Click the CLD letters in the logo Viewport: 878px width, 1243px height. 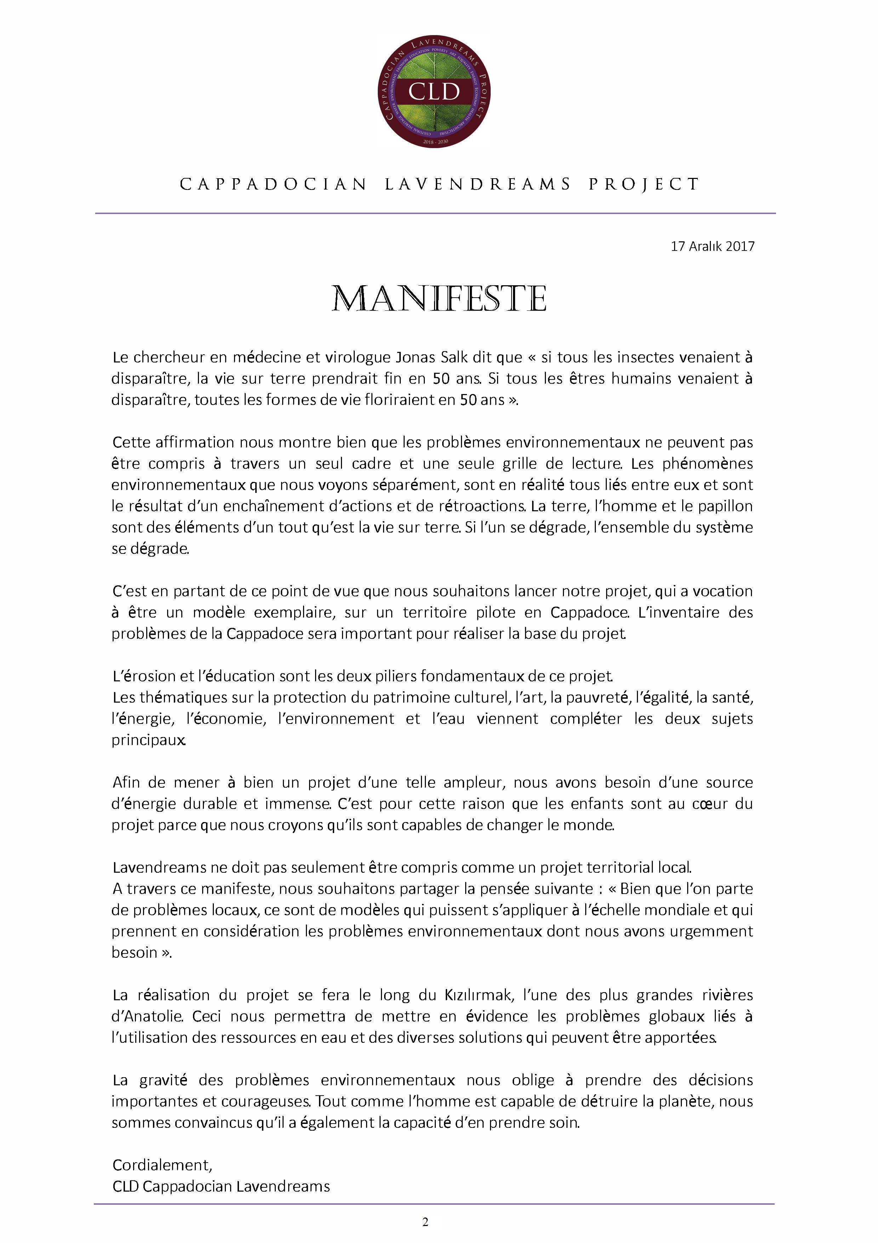click(434, 91)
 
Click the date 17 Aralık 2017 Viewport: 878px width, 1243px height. click(712, 246)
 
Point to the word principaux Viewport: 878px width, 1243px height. click(148, 740)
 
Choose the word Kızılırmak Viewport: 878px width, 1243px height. click(478, 995)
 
